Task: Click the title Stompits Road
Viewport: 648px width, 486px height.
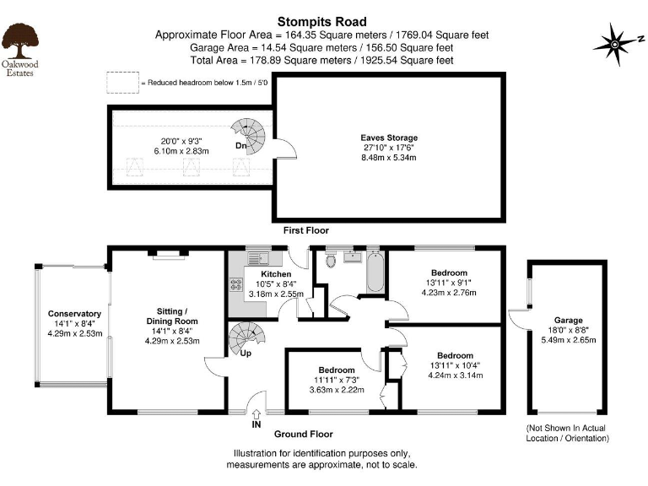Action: [x=322, y=21]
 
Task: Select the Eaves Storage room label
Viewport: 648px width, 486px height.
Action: [x=389, y=138]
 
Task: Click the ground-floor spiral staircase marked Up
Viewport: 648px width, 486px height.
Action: [x=246, y=341]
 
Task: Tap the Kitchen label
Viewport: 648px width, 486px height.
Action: [x=276, y=274]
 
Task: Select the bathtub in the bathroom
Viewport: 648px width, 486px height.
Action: [x=373, y=272]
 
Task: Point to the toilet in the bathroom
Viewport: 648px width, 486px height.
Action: [x=331, y=260]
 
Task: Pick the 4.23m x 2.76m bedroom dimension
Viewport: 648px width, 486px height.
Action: [x=449, y=293]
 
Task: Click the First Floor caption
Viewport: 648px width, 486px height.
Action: [x=305, y=230]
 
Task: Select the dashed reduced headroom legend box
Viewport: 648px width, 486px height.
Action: [x=121, y=83]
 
